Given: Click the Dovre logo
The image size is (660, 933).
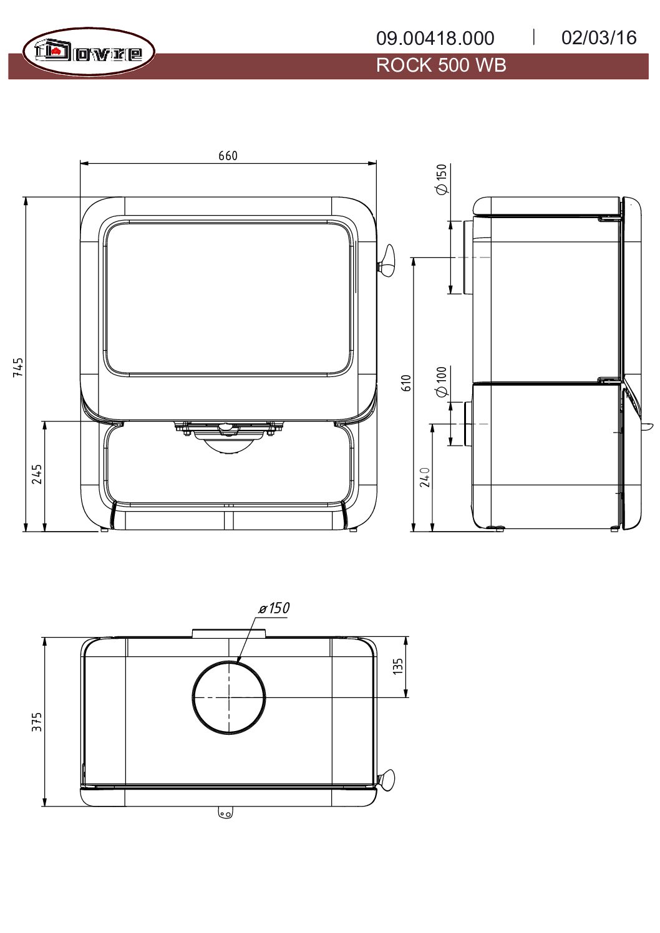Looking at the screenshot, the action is [x=89, y=52].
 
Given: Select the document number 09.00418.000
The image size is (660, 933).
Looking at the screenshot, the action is [x=435, y=38].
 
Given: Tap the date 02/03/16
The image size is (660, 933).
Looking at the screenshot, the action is [x=599, y=38].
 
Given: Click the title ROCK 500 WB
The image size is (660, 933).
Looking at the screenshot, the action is [x=440, y=65].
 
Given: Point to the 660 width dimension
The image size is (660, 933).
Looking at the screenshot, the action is [x=228, y=156].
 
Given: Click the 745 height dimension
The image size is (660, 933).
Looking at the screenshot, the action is [x=18, y=367].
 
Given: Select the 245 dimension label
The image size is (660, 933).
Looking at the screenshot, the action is [x=37, y=474].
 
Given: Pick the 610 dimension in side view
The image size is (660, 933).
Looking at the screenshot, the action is [x=405, y=383].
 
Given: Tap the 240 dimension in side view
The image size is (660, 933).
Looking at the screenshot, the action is [x=425, y=477].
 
